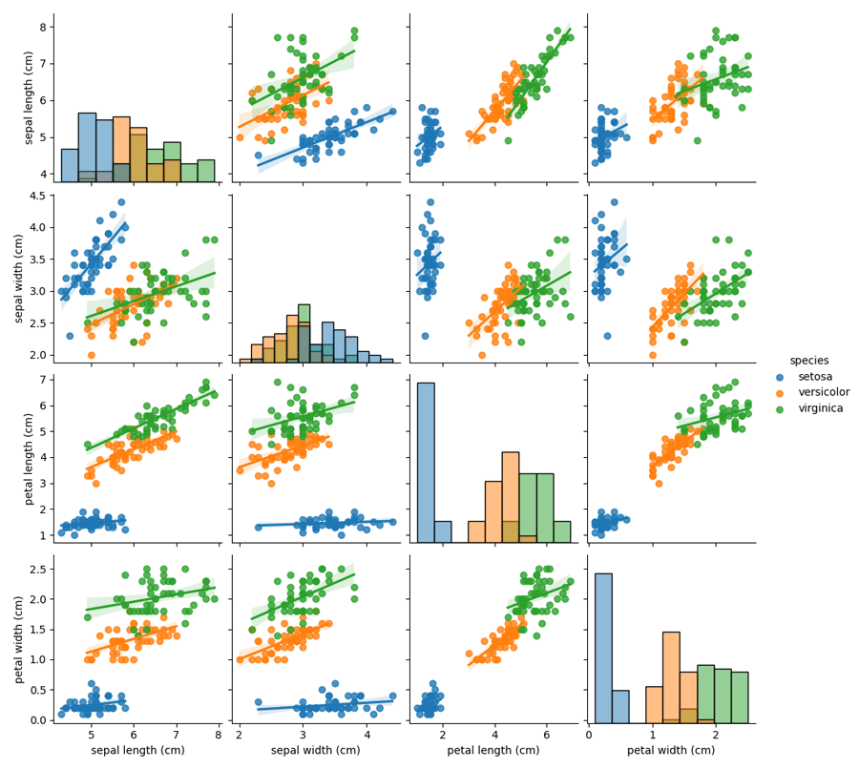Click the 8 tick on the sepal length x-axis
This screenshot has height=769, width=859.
click(218, 734)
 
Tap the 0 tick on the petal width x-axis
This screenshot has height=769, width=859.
click(590, 734)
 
